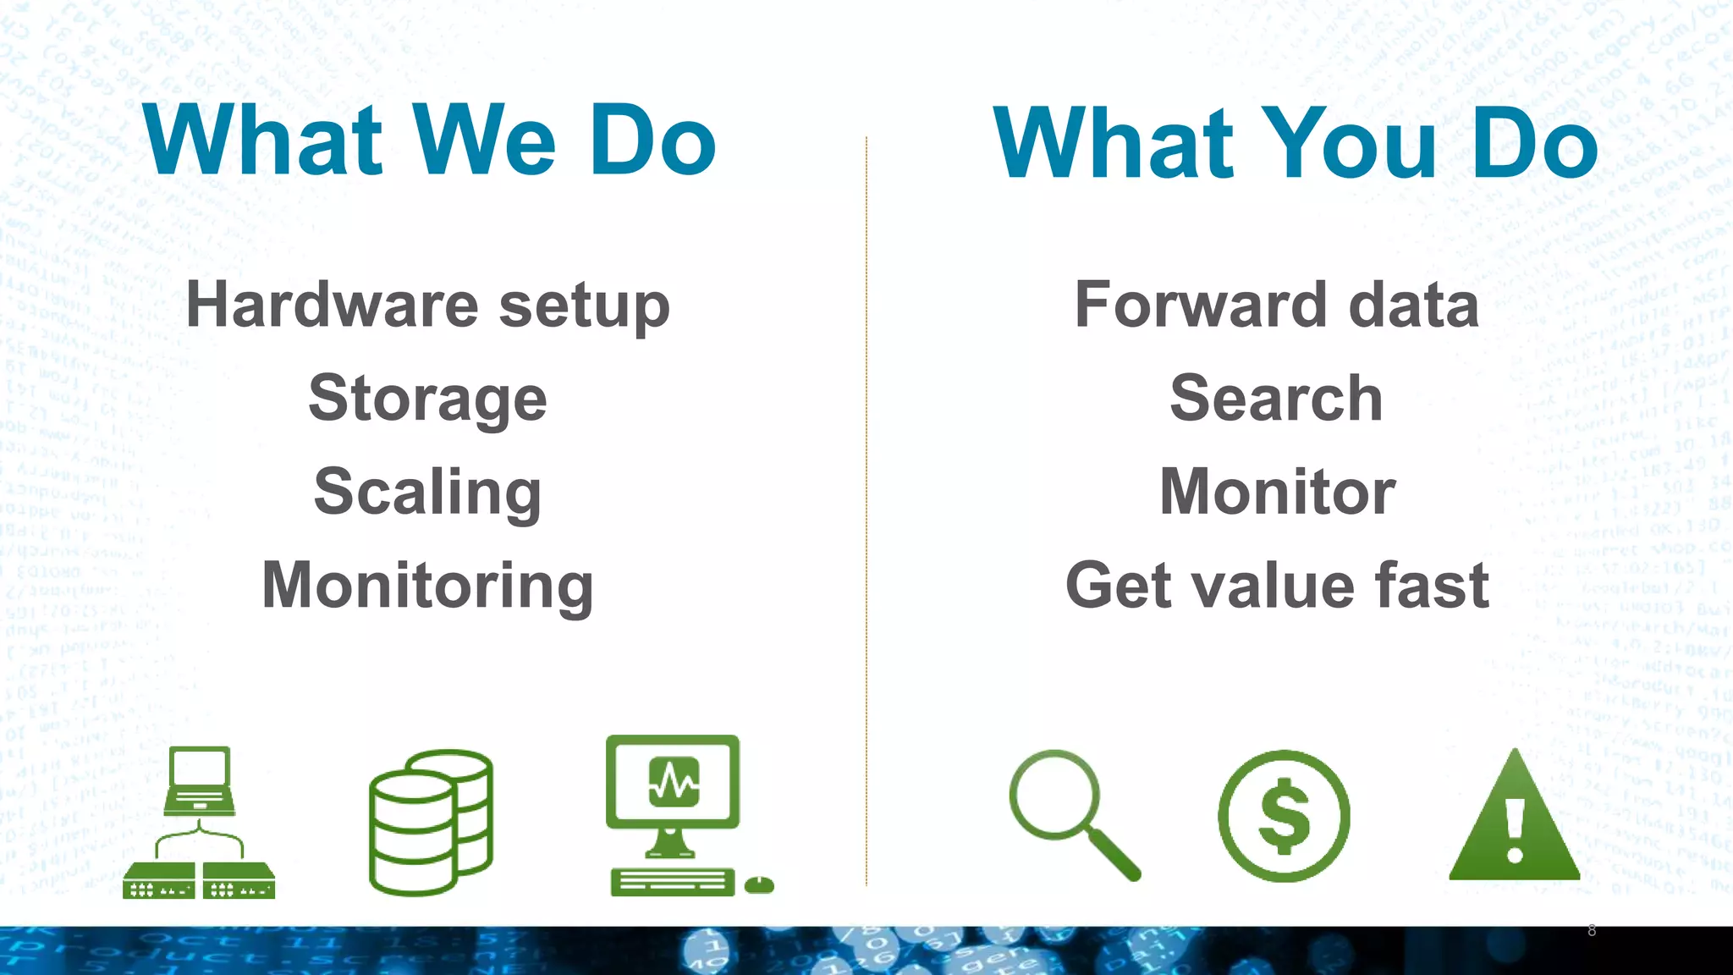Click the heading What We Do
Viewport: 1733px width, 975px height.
429,140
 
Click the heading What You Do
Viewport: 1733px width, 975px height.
1295,142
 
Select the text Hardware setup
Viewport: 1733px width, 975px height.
427,305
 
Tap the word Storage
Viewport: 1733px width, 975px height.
427,398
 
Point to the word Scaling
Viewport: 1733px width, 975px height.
427,492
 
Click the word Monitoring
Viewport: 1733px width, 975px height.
427,586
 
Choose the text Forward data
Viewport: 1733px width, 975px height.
1276,305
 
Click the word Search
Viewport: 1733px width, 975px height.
1276,398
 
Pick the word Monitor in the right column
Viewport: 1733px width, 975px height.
1276,492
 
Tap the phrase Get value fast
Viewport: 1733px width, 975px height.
1276,586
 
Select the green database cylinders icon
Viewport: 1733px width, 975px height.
431,823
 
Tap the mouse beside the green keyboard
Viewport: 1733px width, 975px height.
759,885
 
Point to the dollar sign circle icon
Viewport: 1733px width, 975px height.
1284,816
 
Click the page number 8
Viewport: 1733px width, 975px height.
1592,930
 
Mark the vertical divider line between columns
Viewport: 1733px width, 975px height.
866,508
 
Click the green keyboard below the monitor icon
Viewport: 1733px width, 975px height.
672,882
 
